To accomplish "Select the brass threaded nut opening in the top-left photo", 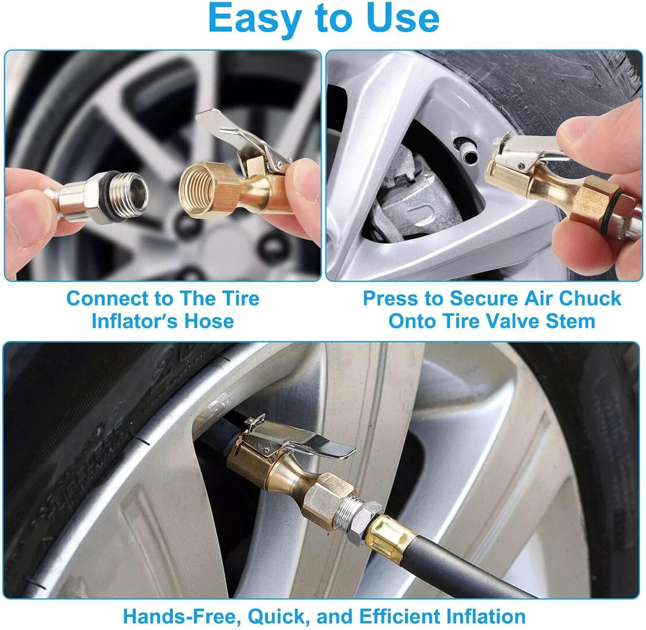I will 196,192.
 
